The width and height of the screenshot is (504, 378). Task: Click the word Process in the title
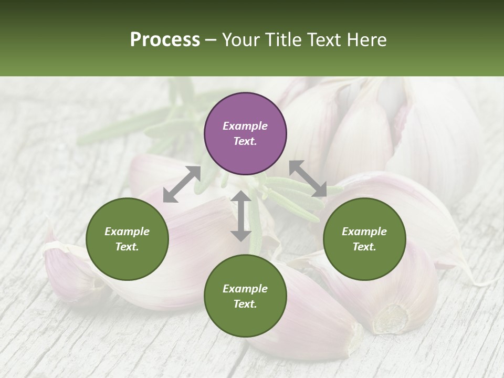165,40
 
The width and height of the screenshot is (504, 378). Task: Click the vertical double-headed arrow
241,216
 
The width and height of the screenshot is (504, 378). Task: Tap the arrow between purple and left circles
182,184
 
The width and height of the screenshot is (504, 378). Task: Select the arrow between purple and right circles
308,179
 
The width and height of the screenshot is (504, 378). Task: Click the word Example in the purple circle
245,126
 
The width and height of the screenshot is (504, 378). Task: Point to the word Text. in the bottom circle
245,304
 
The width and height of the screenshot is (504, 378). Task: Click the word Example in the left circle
127,232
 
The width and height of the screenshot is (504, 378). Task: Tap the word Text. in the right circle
364,247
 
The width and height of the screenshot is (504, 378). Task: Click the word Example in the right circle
364,232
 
